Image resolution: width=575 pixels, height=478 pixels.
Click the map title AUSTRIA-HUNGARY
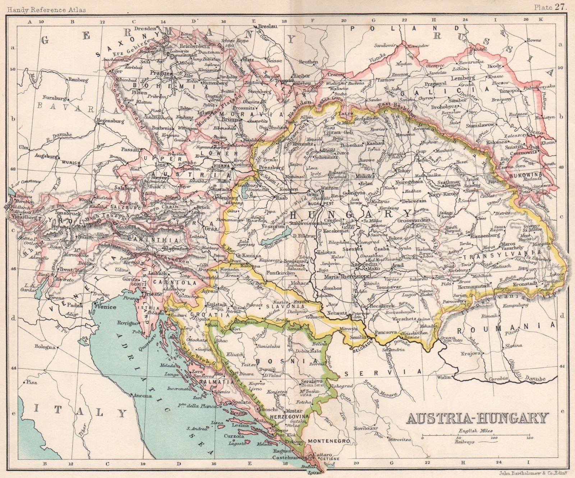point(478,418)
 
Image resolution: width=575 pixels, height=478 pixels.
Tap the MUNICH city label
point(72,163)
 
